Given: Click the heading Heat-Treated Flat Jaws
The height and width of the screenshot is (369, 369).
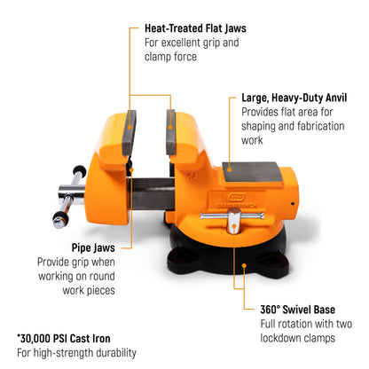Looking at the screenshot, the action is tap(195, 28).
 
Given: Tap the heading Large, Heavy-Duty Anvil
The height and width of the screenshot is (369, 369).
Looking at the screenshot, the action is tap(294, 98).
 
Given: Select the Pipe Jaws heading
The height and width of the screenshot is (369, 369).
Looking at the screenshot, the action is tap(93, 247).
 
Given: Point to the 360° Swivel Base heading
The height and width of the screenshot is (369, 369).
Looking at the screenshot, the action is tap(297, 310).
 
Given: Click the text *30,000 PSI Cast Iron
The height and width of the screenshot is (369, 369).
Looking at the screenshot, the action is tap(64, 339).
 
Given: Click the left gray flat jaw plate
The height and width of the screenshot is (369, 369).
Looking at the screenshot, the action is tap(130, 133).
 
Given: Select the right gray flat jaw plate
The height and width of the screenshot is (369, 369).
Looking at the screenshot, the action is tap(170, 133).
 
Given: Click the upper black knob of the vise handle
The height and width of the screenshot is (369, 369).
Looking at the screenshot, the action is tap(80, 170).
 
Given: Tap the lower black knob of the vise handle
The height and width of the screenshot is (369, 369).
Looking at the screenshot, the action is tap(60, 220).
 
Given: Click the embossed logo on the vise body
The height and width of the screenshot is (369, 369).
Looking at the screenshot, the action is tap(237, 198).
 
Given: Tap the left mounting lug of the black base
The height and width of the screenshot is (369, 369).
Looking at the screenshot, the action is tap(184, 258).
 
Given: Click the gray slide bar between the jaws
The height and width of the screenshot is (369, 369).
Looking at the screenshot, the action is tap(152, 193).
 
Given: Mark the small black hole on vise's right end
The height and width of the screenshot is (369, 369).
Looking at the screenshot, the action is tap(293, 203).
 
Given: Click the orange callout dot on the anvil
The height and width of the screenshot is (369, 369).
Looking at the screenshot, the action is tap(230, 169).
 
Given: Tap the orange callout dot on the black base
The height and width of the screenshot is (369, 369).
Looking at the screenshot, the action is tap(244, 265).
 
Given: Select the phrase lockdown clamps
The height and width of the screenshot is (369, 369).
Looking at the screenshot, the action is tap(298, 338).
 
